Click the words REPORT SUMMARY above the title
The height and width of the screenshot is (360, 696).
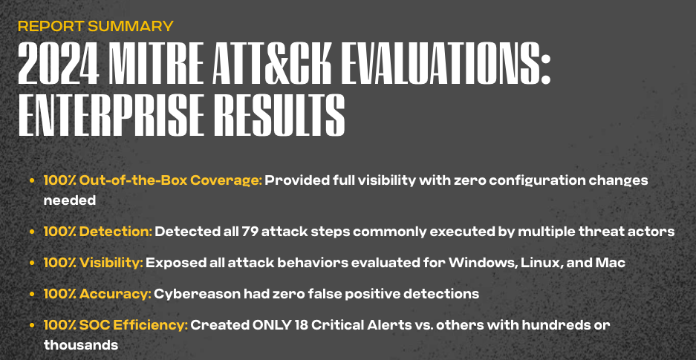(x=95, y=26)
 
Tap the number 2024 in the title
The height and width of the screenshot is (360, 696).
(x=59, y=64)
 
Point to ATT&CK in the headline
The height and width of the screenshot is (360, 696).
(x=272, y=64)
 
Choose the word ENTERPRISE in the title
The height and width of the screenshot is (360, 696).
(x=111, y=115)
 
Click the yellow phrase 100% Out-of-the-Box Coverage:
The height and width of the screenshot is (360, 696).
(x=153, y=181)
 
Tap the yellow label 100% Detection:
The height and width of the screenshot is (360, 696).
(x=97, y=232)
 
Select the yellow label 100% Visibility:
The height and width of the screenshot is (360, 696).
(x=93, y=263)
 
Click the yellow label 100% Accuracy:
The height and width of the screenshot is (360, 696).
(x=97, y=293)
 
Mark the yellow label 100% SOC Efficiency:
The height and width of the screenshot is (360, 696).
(x=116, y=325)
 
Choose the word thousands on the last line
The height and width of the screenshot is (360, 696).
(x=81, y=345)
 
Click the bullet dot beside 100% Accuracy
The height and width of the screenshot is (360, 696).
(x=32, y=294)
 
